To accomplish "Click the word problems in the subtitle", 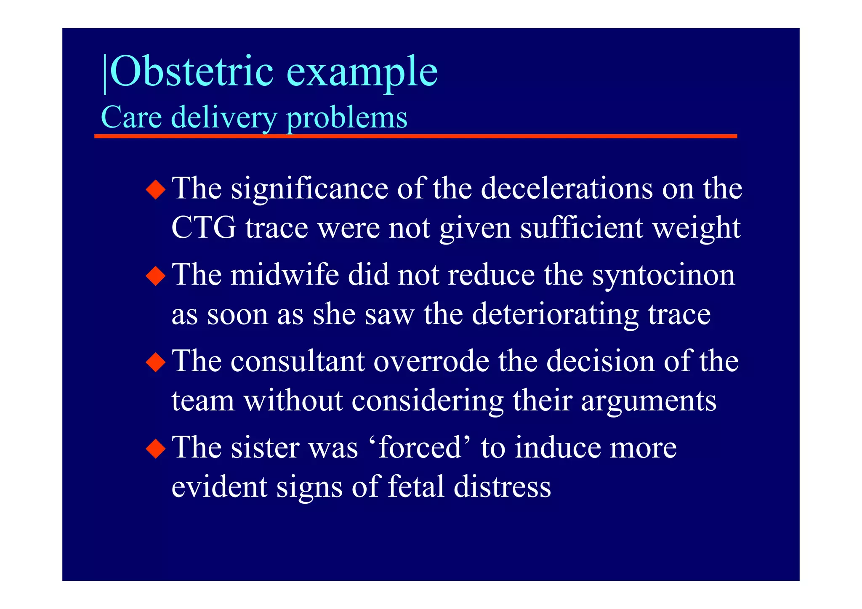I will [x=347, y=117].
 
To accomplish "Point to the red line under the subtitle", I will [x=415, y=136].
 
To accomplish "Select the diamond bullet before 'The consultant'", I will [x=156, y=362].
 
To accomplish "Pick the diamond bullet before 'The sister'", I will [x=156, y=448].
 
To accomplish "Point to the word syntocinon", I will [x=663, y=275].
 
